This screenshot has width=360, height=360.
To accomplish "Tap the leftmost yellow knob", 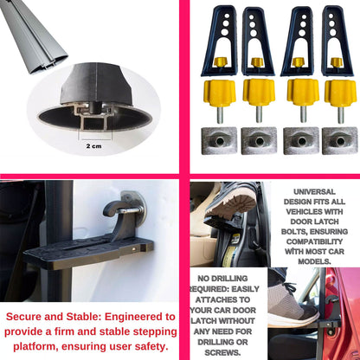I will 220,91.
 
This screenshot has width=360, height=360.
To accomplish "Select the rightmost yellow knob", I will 338,91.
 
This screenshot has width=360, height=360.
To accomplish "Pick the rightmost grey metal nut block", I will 339,140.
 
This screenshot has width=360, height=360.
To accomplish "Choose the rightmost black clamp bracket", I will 337,39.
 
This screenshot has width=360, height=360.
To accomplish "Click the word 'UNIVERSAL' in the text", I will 315,192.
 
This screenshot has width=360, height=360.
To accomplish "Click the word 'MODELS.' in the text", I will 315,260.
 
